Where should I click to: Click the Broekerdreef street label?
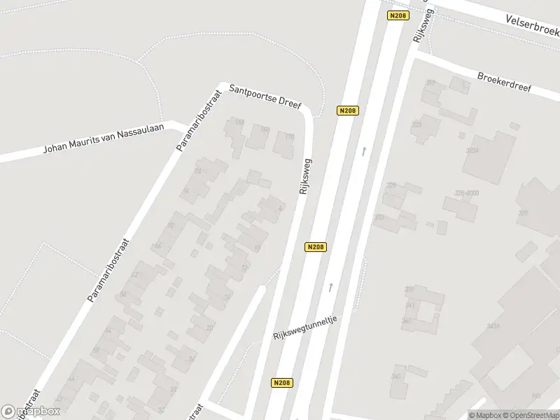(x=504, y=83)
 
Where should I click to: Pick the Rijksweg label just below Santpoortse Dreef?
(x=305, y=176)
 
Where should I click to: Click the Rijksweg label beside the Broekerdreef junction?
(x=424, y=27)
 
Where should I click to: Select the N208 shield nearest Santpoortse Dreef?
(x=348, y=111)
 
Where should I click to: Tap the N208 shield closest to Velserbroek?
(x=398, y=15)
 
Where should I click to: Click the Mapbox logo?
(x=31, y=412)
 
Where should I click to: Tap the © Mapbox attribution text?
(x=484, y=415)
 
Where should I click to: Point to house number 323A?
(x=471, y=150)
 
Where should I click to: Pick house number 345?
(x=396, y=377)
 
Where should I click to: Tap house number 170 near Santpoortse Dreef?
(x=290, y=136)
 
